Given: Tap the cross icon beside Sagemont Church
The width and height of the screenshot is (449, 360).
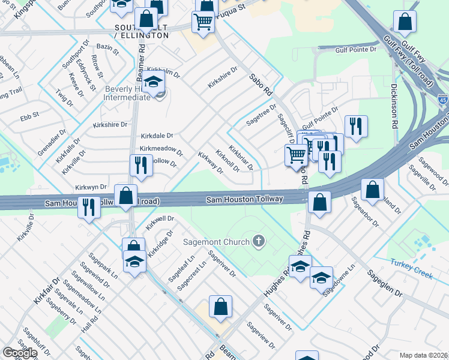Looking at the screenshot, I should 259,241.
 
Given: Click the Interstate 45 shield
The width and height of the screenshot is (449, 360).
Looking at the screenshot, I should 442,101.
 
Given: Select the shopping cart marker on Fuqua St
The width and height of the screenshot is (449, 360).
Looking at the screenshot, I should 203,22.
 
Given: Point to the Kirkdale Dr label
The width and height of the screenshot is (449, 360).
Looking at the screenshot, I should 157,136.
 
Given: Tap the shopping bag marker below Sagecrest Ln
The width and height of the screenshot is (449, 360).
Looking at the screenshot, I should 220,306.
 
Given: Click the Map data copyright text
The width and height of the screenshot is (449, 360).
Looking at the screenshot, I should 424,355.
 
